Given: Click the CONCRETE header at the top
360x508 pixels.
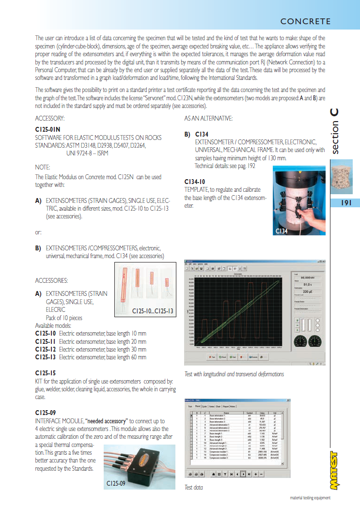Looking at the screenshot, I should coord(305,21).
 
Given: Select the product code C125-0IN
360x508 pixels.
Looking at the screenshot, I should coord(47,130).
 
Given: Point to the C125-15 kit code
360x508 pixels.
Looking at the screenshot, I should coord(46,373).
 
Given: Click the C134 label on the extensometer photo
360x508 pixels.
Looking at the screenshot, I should coord(282,231).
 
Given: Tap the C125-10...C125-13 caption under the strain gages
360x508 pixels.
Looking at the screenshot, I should coord(153,312).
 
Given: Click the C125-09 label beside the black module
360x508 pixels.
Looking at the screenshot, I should coord(116,483).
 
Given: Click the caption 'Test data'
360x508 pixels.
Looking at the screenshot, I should coord(194,488).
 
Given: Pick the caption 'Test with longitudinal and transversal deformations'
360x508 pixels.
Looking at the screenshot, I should coord(234,374).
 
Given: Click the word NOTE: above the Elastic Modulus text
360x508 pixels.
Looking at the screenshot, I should coord(43,167).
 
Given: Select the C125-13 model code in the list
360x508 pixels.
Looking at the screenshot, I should coord(46,357).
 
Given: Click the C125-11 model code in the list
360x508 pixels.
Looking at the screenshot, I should coord(46,341).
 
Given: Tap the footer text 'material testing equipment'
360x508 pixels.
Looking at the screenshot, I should coord(310,498).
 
